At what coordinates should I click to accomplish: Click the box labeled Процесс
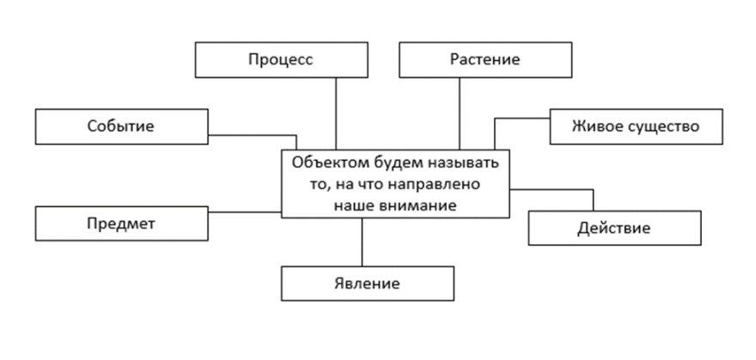click(282, 60)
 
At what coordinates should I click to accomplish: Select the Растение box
click(485, 60)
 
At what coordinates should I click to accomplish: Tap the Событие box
click(121, 126)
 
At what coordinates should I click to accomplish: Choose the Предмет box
click(121, 223)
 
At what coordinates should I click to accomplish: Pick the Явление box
click(368, 284)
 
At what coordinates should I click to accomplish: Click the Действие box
click(615, 228)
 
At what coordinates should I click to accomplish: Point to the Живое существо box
click(637, 126)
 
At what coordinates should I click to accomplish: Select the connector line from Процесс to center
click(336, 113)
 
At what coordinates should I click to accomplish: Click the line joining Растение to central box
click(460, 113)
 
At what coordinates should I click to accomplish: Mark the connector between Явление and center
click(362, 242)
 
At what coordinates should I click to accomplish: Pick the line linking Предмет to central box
click(245, 211)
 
